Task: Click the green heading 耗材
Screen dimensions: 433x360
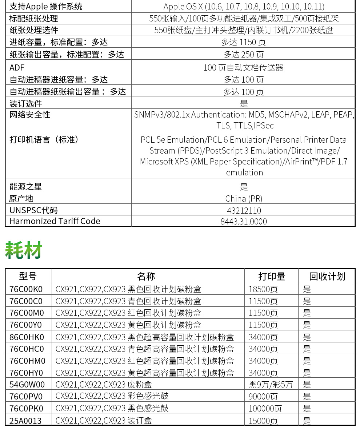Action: pyautogui.click(x=24, y=250)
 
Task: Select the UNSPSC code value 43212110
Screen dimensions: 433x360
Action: pyautogui.click(x=244, y=210)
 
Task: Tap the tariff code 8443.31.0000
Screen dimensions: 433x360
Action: pyautogui.click(x=244, y=221)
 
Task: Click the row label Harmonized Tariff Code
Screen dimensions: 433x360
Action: pyautogui.click(x=55, y=221)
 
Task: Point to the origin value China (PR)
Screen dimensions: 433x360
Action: pyautogui.click(x=244, y=198)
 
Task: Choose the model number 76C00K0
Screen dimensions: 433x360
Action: pyautogui.click(x=26, y=289)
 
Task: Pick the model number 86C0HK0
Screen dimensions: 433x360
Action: pyautogui.click(x=27, y=337)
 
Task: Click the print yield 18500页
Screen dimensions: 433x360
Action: pyautogui.click(x=263, y=289)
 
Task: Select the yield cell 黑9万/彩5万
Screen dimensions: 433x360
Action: pyautogui.click(x=270, y=385)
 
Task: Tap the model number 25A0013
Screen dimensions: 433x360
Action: pyautogui.click(x=25, y=421)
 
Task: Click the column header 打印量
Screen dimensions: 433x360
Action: pyautogui.click(x=272, y=277)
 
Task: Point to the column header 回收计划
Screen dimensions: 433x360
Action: pyautogui.click(x=327, y=277)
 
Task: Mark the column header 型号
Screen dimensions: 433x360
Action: pyautogui.click(x=28, y=277)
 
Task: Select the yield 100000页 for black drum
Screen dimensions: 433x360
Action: pyautogui.click(x=265, y=409)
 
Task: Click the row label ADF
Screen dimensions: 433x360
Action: pyautogui.click(x=17, y=67)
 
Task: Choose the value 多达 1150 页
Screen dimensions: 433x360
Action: pyautogui.click(x=244, y=42)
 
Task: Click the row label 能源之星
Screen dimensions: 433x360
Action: pyautogui.click(x=25, y=187)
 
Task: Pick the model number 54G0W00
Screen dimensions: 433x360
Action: pyautogui.click(x=27, y=385)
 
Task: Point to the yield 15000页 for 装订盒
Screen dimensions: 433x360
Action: pyautogui.click(x=263, y=421)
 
